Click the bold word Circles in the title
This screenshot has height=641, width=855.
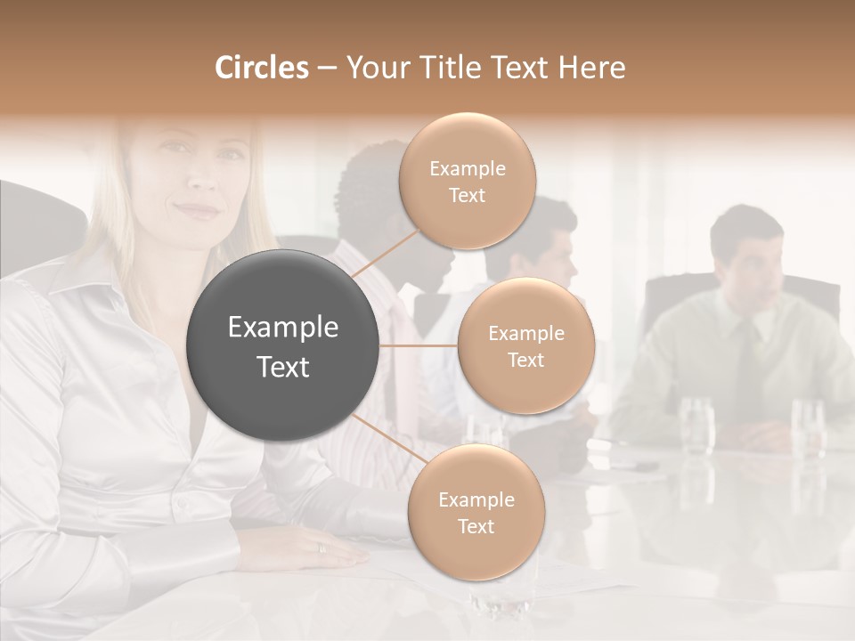point(262,68)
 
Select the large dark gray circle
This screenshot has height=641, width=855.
point(283,345)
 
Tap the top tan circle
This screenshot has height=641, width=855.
point(467,182)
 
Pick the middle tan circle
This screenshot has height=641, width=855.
point(525,345)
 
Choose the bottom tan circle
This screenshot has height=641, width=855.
point(476,512)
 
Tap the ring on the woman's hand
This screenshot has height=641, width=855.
point(322,548)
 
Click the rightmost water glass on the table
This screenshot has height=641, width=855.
point(807,426)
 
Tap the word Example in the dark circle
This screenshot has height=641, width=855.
point(283,328)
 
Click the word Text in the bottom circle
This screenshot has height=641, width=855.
point(476,526)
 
